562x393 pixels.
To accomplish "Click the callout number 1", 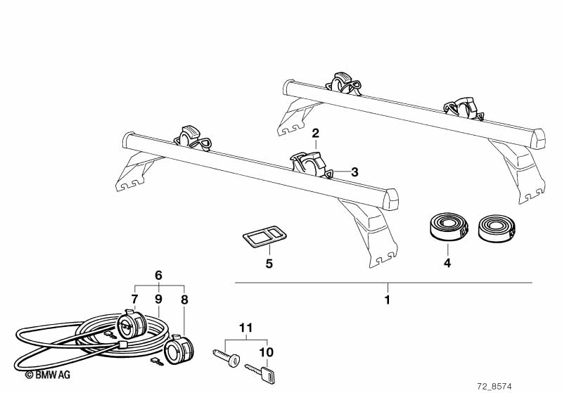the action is click(x=387, y=299).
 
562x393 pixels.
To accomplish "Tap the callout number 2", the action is click(x=315, y=134).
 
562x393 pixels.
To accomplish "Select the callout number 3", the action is click(x=355, y=172).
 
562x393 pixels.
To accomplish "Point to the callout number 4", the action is click(x=447, y=263).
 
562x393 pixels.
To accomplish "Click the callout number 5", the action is click(x=269, y=264).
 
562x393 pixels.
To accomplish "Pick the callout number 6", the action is click(x=158, y=275).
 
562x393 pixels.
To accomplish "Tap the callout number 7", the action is click(x=134, y=299).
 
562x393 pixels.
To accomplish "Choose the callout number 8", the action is click(x=184, y=299).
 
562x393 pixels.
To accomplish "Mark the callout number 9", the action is click(x=159, y=299).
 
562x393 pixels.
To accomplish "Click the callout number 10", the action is click(x=267, y=352).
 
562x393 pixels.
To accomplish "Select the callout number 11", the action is click(x=246, y=328).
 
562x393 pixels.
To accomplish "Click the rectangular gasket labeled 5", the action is click(x=265, y=236).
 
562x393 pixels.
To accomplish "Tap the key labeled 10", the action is click(x=260, y=373).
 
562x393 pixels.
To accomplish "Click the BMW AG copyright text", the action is click(x=48, y=375).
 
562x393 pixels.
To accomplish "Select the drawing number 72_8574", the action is click(x=494, y=387).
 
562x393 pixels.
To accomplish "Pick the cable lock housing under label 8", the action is click(x=179, y=349).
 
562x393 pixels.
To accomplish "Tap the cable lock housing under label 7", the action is click(x=132, y=324).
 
